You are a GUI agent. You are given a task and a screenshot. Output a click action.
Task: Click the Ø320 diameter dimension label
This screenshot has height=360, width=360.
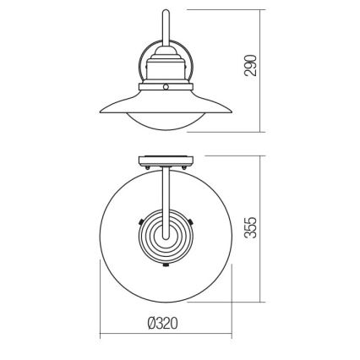point(166,323)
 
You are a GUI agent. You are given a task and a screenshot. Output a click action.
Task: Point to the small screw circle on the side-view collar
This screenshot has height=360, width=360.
point(166,86)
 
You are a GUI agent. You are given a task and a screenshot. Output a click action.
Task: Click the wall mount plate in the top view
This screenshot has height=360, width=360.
point(166,159)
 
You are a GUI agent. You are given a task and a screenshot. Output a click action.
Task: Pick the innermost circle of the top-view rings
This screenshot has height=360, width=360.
point(166,238)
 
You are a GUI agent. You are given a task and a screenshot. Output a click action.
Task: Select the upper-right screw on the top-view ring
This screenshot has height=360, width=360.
point(193,221)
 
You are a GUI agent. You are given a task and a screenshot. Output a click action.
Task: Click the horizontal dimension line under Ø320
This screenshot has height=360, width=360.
point(166,336)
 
